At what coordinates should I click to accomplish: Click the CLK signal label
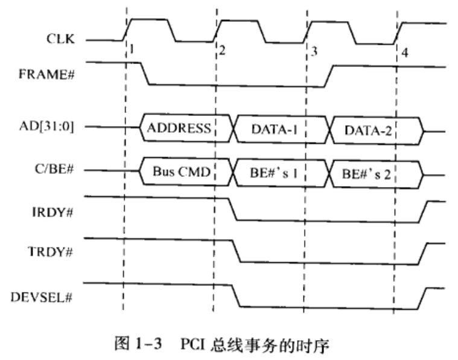60,39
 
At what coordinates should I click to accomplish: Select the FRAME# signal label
46,74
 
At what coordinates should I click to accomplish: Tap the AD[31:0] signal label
46,127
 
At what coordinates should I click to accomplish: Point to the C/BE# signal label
54,169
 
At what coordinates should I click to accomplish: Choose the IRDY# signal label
52,212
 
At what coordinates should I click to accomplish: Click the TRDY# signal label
50,252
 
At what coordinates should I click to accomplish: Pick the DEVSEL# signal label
41,297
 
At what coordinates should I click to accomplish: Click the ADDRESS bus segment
187,128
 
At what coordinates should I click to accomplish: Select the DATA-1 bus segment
282,129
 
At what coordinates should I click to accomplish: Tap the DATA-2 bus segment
377,130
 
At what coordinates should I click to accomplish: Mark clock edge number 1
132,49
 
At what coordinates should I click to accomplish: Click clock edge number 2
222,51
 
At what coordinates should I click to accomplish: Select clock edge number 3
314,51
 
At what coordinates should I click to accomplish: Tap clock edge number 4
404,53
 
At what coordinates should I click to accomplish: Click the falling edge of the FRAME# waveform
145,74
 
